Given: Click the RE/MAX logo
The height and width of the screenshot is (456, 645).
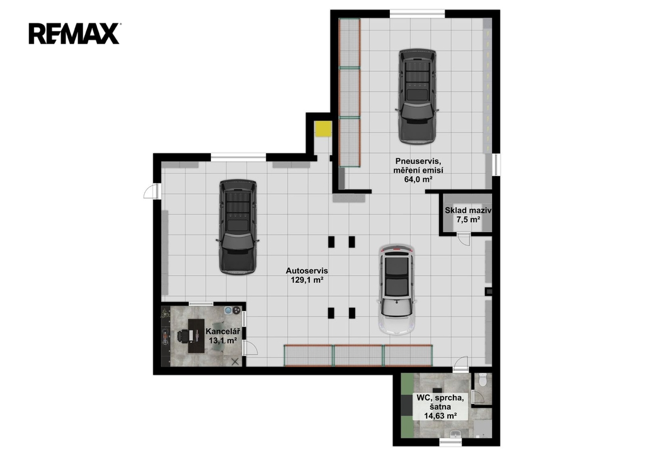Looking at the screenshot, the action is click(74, 33).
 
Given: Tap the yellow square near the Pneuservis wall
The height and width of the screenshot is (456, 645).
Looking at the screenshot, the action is click(323, 129).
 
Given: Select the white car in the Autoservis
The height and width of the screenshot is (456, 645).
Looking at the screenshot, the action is click(397, 289).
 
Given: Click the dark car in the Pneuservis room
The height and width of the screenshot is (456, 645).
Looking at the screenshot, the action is click(417, 96).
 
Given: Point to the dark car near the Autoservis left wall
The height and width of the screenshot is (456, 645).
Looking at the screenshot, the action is click(237, 226).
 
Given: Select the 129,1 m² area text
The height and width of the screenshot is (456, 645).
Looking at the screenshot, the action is click(307, 280).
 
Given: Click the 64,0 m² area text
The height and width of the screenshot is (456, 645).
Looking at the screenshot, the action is click(418, 179).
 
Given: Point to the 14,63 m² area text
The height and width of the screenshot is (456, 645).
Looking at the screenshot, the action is click(440, 416).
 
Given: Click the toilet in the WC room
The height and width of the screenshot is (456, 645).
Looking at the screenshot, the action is click(483, 379).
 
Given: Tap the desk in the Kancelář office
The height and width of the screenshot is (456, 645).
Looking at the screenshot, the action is click(197, 336).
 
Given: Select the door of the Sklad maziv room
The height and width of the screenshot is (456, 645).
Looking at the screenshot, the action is click(464, 239).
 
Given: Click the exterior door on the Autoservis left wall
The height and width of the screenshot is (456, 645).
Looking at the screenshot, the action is click(152, 192).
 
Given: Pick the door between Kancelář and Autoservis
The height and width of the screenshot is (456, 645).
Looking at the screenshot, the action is click(249, 348).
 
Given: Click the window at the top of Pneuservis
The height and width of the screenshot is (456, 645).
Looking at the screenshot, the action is click(417, 14).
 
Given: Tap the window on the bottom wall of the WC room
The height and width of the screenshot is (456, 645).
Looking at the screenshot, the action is click(451, 442).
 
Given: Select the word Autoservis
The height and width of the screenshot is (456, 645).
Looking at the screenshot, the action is click(307, 271).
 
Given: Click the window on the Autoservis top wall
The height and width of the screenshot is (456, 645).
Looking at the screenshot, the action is click(239, 157).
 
